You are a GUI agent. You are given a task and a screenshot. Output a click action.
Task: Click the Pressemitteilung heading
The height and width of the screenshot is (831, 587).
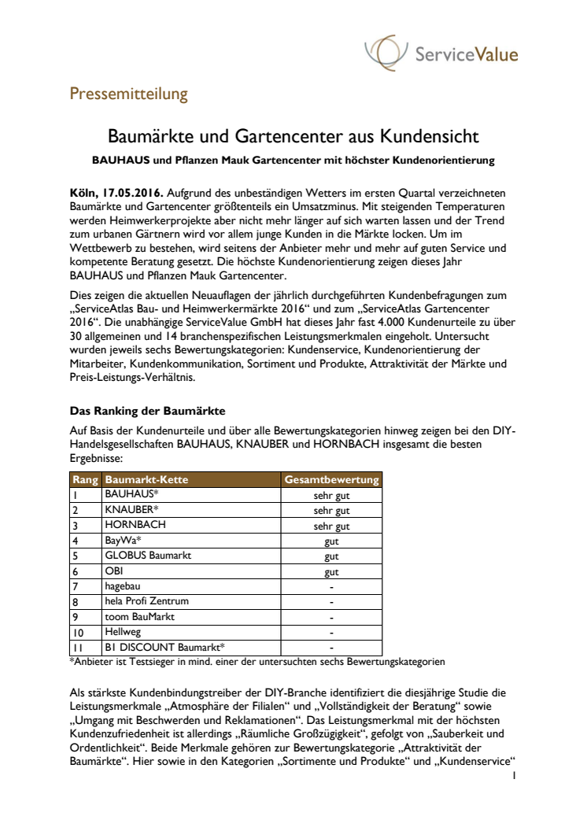(x=128, y=95)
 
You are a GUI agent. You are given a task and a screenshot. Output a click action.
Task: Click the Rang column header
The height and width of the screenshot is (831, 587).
(x=84, y=479)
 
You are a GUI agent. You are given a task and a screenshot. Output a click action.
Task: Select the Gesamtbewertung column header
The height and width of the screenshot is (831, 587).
(x=331, y=479)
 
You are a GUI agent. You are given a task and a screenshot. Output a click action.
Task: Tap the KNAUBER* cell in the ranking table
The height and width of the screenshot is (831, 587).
(x=131, y=509)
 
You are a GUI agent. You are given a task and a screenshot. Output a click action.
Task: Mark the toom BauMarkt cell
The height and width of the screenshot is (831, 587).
(x=140, y=616)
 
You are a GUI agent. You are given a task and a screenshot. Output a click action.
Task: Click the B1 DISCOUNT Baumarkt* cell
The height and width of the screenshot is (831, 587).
(x=164, y=647)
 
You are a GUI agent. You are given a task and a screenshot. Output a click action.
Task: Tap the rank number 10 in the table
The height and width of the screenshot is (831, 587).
(x=79, y=632)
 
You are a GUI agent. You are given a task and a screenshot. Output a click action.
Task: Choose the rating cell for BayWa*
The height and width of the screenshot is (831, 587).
(x=331, y=540)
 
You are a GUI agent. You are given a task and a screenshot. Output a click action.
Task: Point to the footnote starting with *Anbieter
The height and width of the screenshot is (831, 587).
(x=258, y=662)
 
